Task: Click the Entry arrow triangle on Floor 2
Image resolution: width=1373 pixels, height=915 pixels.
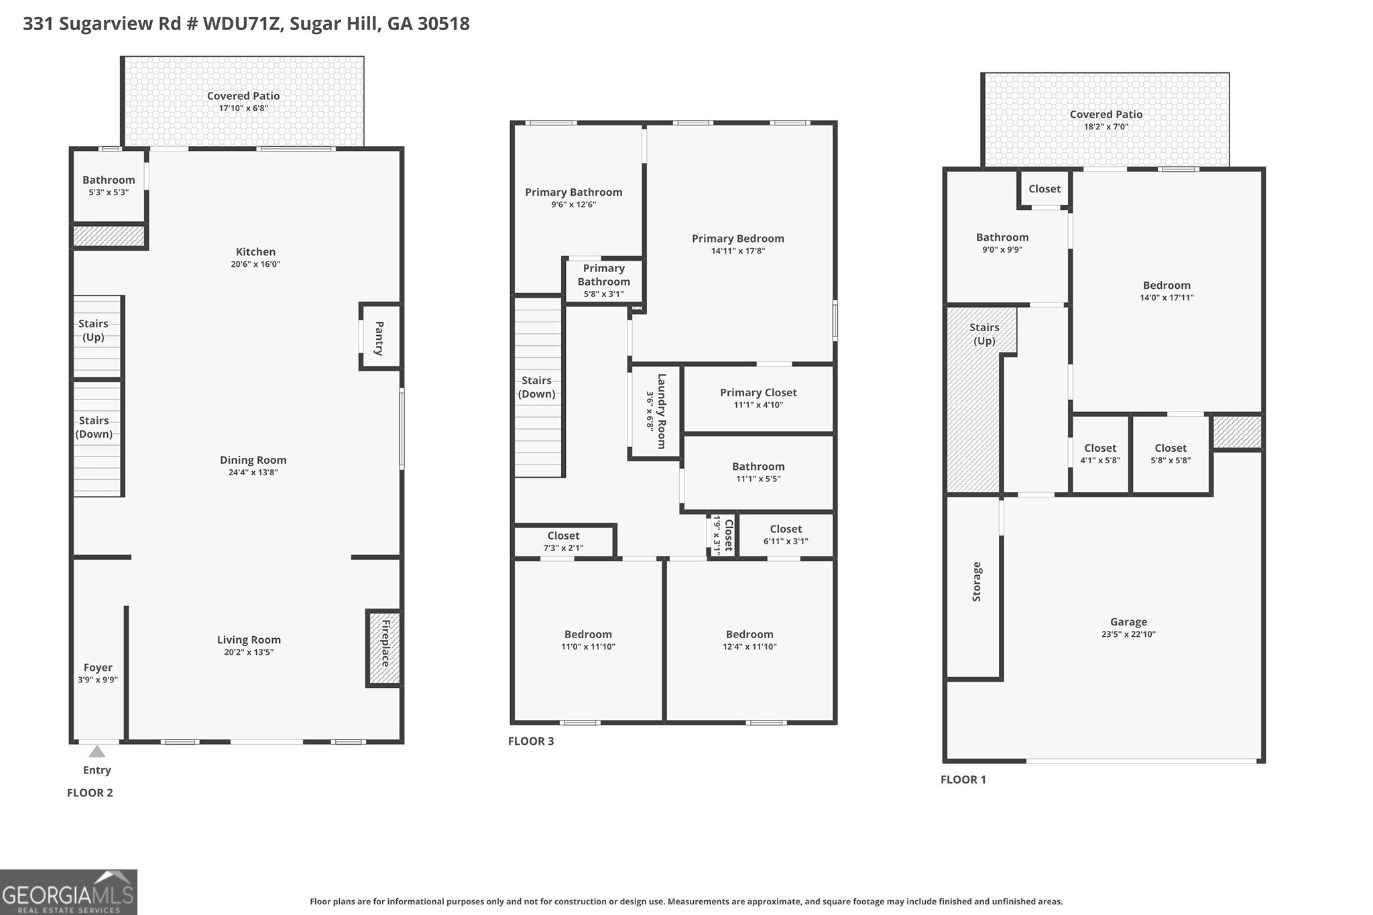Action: tap(97, 751)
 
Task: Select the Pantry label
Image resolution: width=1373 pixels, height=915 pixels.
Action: tap(379, 338)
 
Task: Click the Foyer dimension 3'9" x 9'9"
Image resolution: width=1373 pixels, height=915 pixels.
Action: tap(98, 680)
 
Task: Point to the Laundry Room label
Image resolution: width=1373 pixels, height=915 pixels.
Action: tap(661, 411)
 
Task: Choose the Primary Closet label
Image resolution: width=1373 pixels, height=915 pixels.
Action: tap(758, 393)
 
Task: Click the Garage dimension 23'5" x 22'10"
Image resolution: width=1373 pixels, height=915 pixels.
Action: tap(1128, 634)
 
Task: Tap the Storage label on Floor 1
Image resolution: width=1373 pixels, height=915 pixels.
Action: tap(977, 581)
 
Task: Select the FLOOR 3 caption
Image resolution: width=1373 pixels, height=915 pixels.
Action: tap(531, 741)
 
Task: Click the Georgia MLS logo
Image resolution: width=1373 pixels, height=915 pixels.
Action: tap(68, 892)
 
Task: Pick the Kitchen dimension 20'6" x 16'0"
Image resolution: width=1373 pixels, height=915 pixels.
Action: tap(255, 264)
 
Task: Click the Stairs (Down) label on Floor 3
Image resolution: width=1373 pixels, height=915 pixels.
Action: tap(536, 387)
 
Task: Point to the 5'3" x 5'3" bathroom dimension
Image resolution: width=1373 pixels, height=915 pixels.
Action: tap(109, 192)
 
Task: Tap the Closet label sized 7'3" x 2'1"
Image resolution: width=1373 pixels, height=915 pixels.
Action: tap(563, 536)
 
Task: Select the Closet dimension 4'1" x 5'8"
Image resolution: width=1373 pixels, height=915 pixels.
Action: tap(1100, 461)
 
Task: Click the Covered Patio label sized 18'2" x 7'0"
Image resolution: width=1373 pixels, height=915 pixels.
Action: tap(1106, 115)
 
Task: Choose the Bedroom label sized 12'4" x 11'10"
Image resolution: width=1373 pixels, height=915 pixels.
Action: tap(750, 634)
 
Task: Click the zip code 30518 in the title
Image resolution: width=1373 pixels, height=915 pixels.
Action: tap(443, 23)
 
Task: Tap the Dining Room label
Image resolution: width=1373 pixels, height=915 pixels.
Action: tap(253, 460)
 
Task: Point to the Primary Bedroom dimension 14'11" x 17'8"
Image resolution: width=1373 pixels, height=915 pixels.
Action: tap(737, 251)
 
